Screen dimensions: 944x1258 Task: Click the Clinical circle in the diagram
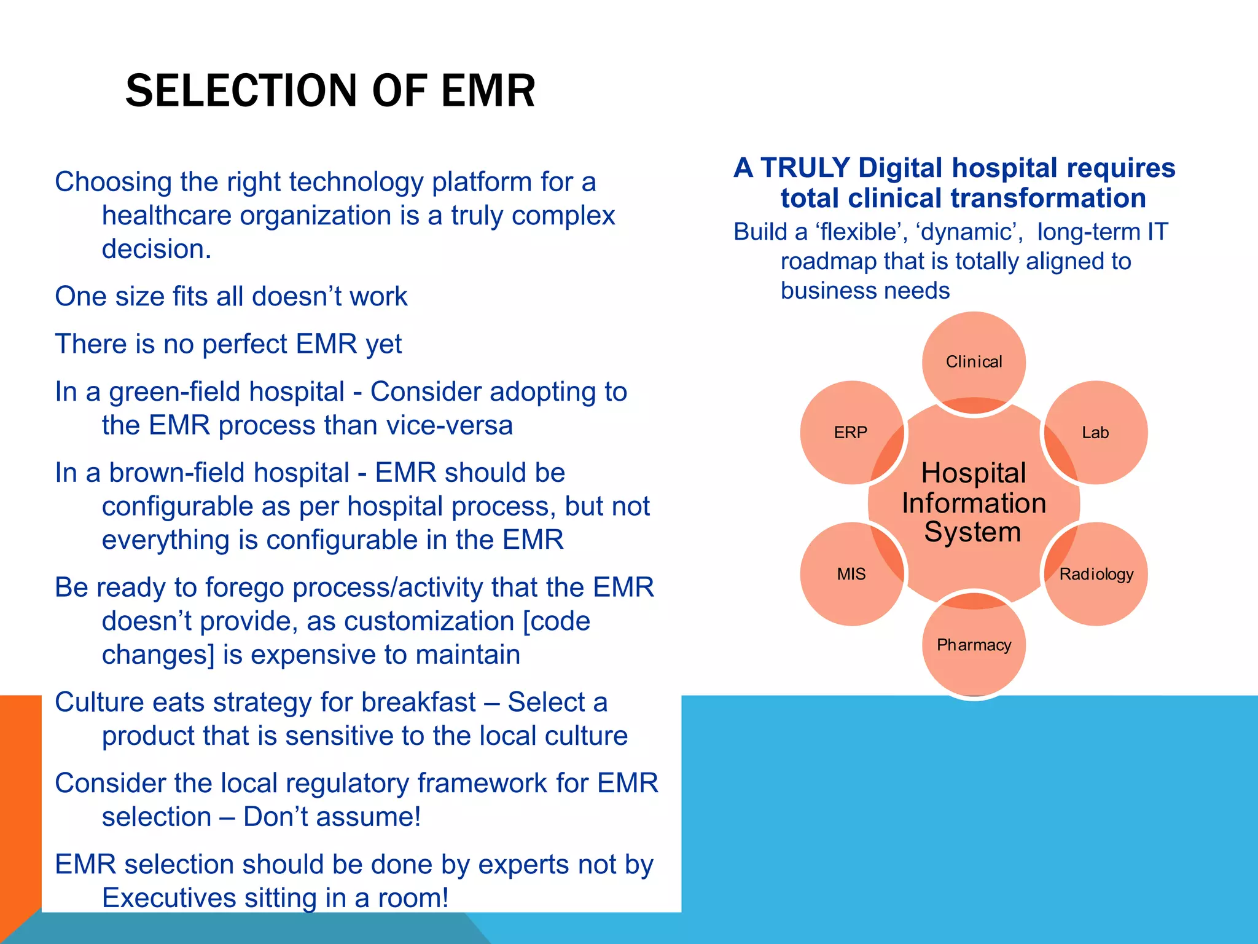pos(974,362)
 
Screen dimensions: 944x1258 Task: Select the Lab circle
pos(1095,433)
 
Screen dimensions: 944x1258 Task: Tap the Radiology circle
pos(1096,574)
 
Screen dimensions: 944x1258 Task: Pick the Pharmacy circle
pos(974,645)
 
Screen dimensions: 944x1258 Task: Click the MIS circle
pos(851,574)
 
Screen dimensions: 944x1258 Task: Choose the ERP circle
pos(851,433)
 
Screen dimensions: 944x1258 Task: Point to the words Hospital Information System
pos(974,503)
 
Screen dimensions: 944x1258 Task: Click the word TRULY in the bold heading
pos(805,168)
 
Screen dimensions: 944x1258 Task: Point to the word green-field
pos(227,392)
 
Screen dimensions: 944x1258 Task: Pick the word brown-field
pos(229,473)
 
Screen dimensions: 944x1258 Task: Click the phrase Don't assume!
pos(332,817)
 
